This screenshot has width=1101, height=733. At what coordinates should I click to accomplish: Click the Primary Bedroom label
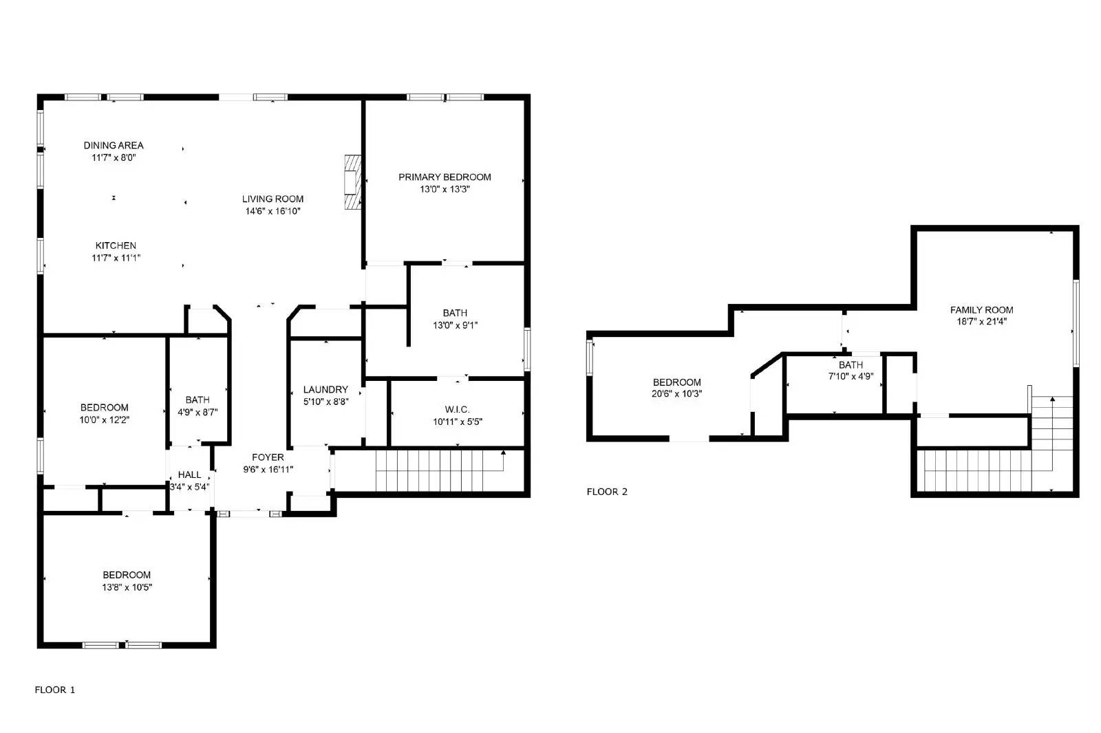tap(445, 177)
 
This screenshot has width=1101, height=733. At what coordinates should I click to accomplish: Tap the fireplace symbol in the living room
tap(352, 182)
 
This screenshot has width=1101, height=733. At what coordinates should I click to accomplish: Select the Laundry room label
tap(325, 389)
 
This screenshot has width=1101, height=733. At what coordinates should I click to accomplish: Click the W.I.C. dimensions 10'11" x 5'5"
tap(458, 422)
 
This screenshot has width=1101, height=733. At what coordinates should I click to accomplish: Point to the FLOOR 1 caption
tap(55, 690)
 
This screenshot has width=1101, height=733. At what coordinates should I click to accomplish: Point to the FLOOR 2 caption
tap(607, 492)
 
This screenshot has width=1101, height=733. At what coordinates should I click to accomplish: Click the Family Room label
tap(981, 309)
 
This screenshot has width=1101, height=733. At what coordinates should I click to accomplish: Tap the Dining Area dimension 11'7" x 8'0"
tap(114, 157)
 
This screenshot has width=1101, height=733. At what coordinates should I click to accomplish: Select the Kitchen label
tap(116, 245)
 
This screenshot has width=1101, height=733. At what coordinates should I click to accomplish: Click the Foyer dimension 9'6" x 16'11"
tap(268, 470)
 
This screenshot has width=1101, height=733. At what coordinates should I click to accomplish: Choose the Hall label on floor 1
tap(189, 474)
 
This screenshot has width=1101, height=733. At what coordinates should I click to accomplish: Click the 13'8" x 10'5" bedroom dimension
tap(127, 587)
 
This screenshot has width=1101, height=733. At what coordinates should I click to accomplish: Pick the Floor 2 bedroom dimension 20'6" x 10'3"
tap(677, 394)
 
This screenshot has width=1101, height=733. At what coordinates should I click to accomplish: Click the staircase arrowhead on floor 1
tap(504, 452)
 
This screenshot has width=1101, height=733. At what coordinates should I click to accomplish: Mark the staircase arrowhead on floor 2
tap(1052, 399)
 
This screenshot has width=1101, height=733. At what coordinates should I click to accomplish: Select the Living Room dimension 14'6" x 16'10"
tap(272, 211)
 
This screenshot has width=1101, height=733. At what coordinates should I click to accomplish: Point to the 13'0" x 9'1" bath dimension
tap(455, 325)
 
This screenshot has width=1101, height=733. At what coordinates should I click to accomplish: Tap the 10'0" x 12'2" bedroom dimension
tap(104, 419)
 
